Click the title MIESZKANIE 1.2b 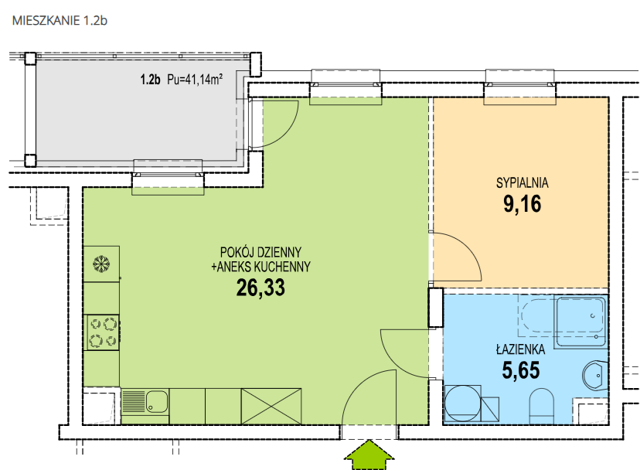click(x=60, y=20)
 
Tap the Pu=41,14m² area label click(x=195, y=79)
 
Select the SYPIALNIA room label click(x=522, y=182)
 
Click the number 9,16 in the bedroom click(x=522, y=204)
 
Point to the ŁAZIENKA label click(x=520, y=349)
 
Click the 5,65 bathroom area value click(x=521, y=370)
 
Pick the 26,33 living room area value click(x=260, y=288)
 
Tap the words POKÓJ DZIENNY click(x=260, y=251)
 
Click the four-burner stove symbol click(x=101, y=332)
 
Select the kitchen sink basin click(x=157, y=401)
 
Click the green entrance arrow click(x=369, y=454)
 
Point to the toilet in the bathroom click(x=541, y=406)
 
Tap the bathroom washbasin click(x=594, y=376)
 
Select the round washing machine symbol click(x=462, y=404)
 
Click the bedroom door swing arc click(x=470, y=248)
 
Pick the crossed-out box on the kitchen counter click(x=271, y=407)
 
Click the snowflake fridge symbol click(x=101, y=264)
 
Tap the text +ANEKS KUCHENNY click(x=260, y=267)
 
